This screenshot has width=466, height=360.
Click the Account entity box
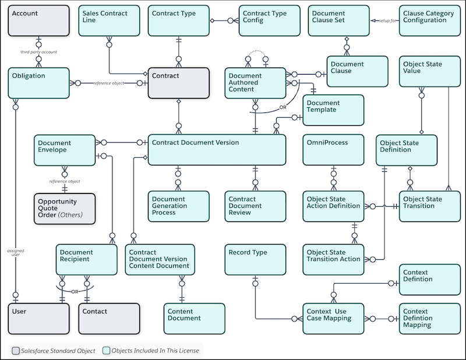[x=38, y=20]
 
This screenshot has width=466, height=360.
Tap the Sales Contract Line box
[x=109, y=20]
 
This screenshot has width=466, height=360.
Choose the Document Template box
[x=333, y=110]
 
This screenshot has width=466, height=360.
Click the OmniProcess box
[x=332, y=150]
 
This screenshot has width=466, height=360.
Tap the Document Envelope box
[x=64, y=150]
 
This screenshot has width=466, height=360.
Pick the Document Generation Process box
[x=178, y=206]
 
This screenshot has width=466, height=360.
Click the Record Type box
[x=255, y=259]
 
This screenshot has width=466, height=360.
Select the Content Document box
[x=193, y=318]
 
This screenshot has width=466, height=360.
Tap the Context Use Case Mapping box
[x=333, y=318]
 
